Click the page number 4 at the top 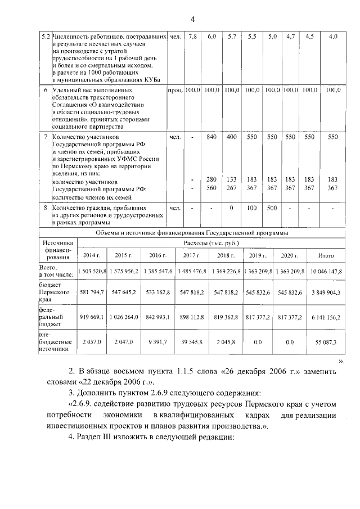[192, 20]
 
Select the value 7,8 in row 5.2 [193, 37]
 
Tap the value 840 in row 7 [212, 137]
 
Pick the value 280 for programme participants [212, 179]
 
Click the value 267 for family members [232, 188]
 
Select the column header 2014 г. [91, 255]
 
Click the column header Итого [326, 255]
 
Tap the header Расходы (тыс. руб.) [211, 243]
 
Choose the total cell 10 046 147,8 [326, 271]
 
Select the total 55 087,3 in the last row [326, 341]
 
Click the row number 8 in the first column [45, 208]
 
